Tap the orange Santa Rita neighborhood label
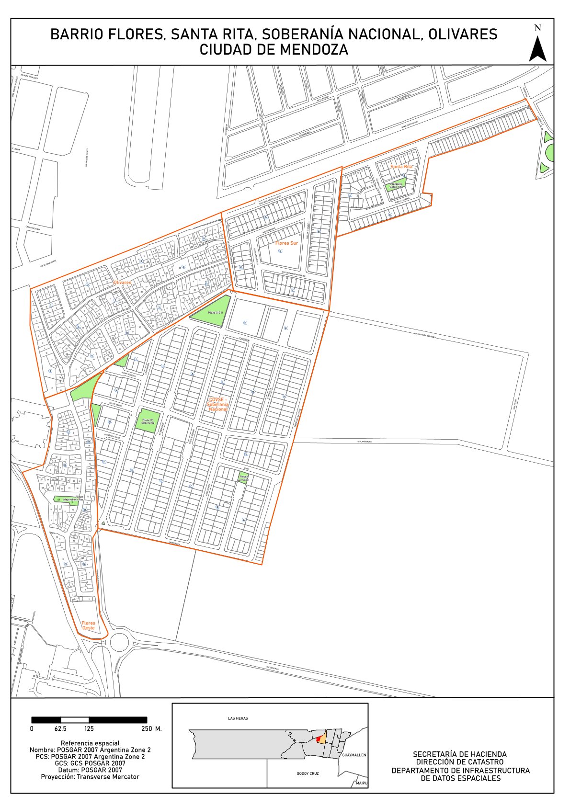(401, 167)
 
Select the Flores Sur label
(286, 243)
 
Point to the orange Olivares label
(122, 283)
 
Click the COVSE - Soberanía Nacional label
(218, 404)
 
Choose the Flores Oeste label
(88, 625)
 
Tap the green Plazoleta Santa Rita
(396, 185)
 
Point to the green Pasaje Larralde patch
(244, 478)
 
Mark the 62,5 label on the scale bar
(60, 729)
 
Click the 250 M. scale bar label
(151, 729)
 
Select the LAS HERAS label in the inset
(238, 718)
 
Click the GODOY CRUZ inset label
(308, 773)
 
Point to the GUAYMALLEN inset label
(354, 755)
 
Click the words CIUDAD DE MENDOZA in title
(274, 50)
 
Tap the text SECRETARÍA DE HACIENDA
(460, 754)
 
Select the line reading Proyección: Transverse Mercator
(90, 777)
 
